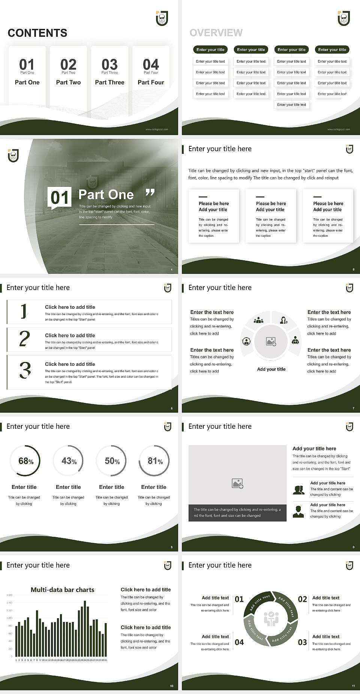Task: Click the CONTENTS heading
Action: click(37, 33)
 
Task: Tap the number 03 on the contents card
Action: click(109, 64)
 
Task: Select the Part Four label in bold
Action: click(151, 83)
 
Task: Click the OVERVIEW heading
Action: click(216, 33)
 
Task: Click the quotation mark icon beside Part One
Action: click(150, 192)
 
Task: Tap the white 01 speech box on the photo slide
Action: click(60, 197)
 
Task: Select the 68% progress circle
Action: click(25, 461)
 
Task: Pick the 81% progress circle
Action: click(154, 461)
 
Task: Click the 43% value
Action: click(69, 461)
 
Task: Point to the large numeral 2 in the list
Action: click(24, 339)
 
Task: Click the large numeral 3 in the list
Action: click(25, 370)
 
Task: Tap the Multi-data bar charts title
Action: click(62, 590)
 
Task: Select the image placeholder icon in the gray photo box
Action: click(237, 484)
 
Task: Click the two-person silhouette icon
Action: click(298, 490)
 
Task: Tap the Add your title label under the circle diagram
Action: click(271, 369)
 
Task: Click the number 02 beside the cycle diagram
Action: click(302, 599)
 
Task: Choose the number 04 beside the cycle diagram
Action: click(239, 643)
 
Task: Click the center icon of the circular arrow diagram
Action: click(271, 619)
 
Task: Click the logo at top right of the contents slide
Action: click(162, 18)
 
